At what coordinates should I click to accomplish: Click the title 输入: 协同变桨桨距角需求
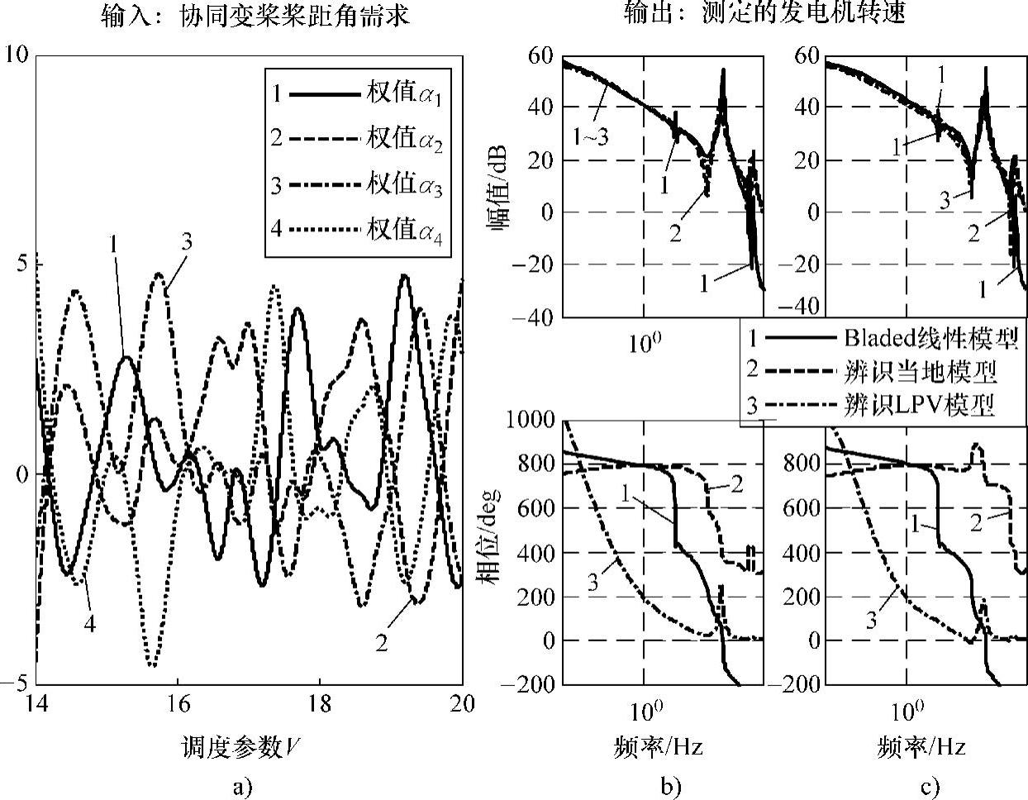coord(255,16)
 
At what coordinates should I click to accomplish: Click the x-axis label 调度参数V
coord(239,749)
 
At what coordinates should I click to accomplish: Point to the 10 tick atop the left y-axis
coord(17,55)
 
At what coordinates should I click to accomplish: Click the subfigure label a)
coord(241,787)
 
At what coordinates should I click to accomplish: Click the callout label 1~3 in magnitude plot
coord(590,136)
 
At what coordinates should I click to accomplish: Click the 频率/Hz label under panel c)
coord(921,749)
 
